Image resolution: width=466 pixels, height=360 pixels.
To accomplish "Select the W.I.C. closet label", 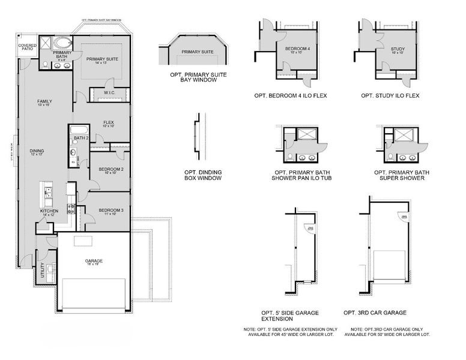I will [x=109, y=93].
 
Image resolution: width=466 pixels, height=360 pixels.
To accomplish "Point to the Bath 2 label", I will [x=80, y=139].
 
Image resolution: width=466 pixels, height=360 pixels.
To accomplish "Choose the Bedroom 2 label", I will [x=110, y=171].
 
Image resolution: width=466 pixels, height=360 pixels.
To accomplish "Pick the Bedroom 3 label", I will [x=110, y=211].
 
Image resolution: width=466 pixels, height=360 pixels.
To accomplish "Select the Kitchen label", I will [x=49, y=212].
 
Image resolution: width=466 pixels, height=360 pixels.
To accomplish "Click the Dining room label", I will [x=37, y=152].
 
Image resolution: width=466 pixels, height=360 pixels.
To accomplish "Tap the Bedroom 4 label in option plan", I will [x=297, y=50].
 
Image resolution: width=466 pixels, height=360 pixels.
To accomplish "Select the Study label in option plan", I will [x=398, y=50].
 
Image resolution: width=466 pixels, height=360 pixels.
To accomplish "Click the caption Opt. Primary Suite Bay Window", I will [x=198, y=77].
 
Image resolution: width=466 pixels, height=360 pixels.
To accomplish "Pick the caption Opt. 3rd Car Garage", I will [x=375, y=313].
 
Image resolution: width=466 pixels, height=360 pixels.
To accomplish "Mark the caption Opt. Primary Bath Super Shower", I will [x=402, y=175].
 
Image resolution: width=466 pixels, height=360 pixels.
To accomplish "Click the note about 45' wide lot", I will [x=291, y=332].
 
